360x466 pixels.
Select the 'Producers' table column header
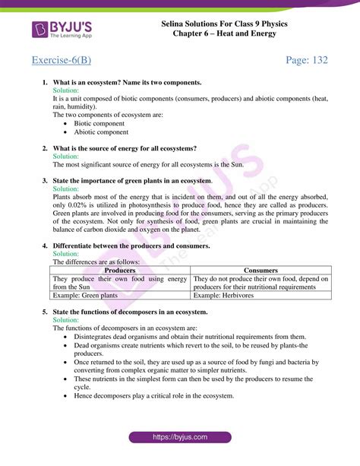coord(120,270)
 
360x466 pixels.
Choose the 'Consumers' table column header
coord(261,270)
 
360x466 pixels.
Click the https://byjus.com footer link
coord(180,438)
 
